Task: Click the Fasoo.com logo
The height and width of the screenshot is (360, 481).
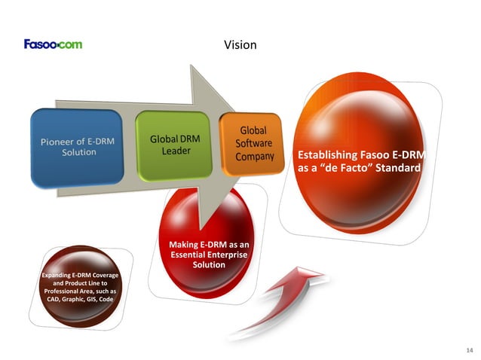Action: (53, 44)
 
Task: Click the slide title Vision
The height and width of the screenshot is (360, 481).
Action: (240, 45)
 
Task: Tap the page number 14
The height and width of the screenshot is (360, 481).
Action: (470, 351)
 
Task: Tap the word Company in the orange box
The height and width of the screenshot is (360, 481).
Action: (254, 157)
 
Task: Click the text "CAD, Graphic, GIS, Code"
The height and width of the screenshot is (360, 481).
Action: (78, 298)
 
